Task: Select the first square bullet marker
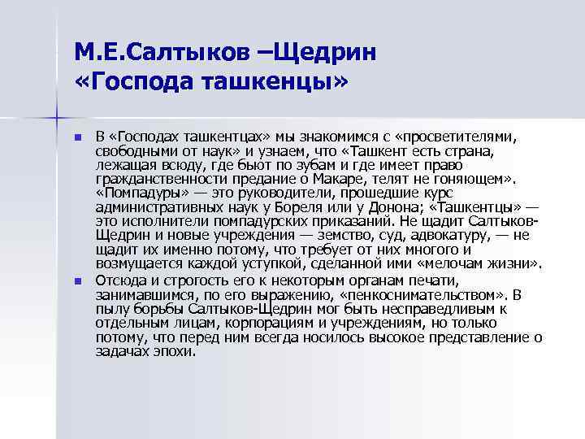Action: point(78,138)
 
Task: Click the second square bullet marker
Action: point(78,280)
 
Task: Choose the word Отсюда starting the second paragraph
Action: point(119,280)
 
